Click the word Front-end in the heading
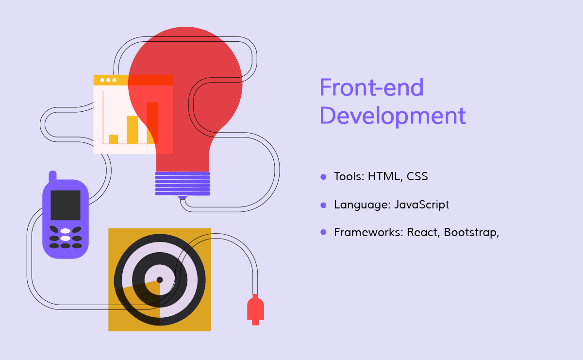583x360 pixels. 372,87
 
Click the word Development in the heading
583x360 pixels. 393,116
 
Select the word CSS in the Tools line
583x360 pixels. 417,176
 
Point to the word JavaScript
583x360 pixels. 422,205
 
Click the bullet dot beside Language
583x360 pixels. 323,206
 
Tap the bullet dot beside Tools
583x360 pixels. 323,177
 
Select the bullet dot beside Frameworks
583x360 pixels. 323,232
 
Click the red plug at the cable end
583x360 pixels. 256,309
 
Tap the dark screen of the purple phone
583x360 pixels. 66,206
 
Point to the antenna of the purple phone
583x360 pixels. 52,176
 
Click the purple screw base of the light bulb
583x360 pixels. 183,184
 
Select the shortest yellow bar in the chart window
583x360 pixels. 113,139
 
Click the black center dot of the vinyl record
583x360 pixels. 160,280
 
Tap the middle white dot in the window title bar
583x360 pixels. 108,80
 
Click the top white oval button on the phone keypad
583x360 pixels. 66,231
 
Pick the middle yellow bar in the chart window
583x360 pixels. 132,130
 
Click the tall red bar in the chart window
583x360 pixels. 152,123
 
